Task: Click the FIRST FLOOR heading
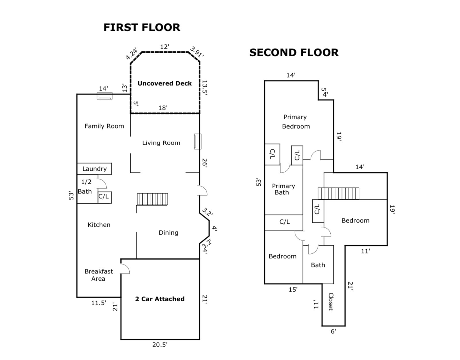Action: (142, 28)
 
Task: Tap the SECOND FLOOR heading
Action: (294, 53)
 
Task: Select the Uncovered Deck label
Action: (164, 83)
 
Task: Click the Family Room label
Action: (104, 126)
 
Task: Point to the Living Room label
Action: (161, 143)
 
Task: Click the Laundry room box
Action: (94, 169)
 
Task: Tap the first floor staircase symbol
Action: (152, 199)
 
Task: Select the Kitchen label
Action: (99, 225)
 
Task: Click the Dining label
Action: (168, 233)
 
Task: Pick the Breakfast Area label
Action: (98, 275)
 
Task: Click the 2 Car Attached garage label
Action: (160, 299)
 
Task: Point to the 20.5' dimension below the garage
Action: (160, 344)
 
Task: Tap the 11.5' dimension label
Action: (99, 303)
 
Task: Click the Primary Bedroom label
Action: (296, 122)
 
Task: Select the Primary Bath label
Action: (283, 189)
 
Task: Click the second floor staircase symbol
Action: (338, 194)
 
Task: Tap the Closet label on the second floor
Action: (331, 302)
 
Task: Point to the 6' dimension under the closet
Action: (333, 331)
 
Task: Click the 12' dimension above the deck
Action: (164, 47)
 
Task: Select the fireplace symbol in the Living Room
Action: (198, 141)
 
